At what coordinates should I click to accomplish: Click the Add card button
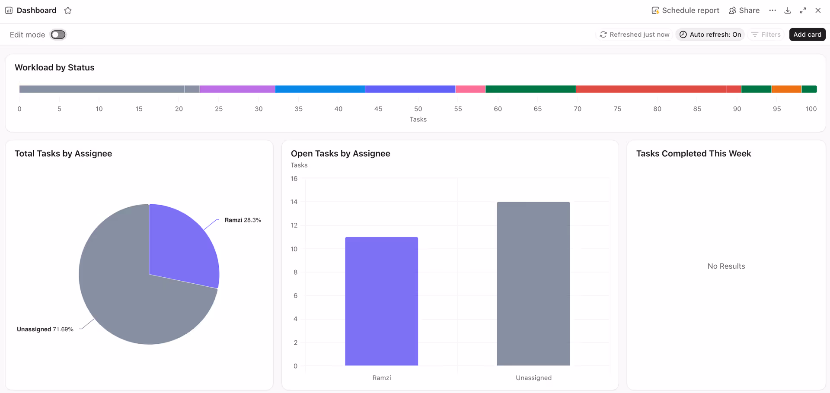click(807, 35)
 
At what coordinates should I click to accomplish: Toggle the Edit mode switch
click(58, 35)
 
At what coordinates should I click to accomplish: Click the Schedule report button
click(685, 10)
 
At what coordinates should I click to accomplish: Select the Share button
click(744, 10)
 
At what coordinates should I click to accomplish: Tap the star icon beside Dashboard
click(68, 10)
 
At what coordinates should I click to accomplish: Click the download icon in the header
click(788, 10)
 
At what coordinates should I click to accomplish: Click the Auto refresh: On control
click(710, 35)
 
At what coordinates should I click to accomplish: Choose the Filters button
click(766, 35)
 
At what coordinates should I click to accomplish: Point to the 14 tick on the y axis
click(294, 202)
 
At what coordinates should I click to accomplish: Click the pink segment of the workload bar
click(470, 89)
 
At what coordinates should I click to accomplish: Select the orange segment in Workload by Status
click(786, 89)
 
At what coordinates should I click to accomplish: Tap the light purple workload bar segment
click(237, 89)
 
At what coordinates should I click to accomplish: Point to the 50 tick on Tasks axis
click(418, 109)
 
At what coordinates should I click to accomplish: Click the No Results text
click(726, 266)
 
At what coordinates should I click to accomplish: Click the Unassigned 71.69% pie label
click(45, 329)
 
